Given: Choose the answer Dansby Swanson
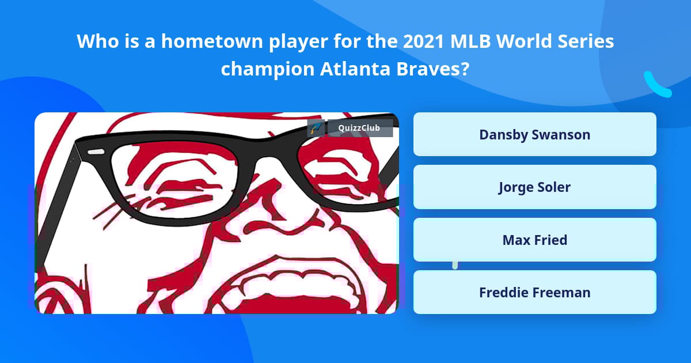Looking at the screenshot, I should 534,134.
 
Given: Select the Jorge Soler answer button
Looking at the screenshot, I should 534,187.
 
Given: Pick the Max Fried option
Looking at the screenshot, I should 534,240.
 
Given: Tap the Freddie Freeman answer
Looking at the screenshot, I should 534,292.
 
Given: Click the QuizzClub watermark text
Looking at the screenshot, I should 360,128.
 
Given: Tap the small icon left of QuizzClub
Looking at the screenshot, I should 316,128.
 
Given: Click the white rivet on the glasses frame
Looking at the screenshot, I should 96,152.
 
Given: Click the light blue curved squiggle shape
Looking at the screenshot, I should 656,85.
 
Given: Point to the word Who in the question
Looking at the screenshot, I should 95,41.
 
